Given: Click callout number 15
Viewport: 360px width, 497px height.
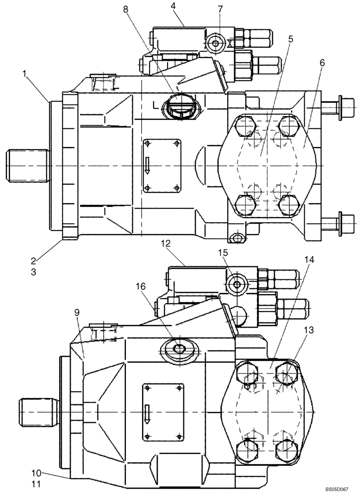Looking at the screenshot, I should (223, 253).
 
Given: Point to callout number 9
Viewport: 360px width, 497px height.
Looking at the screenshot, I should (77, 312).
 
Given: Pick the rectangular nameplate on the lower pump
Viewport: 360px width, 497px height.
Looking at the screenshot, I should (163, 411).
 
